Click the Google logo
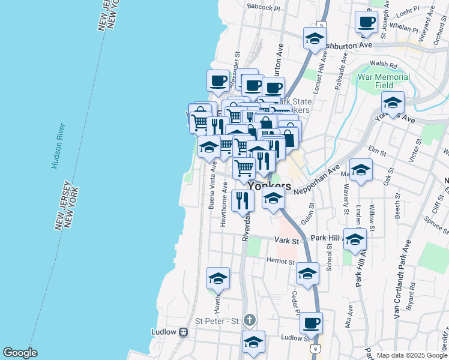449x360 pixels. coord(20,353)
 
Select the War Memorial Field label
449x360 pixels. coord(384,81)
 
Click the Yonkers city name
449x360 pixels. coord(270,186)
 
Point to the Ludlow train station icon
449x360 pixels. coord(184,332)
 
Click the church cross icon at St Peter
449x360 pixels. coord(250,320)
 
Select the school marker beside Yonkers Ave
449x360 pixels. coord(393,104)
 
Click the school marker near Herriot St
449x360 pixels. coord(308,274)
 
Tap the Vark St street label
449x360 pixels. coord(287,240)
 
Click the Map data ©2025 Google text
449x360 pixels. coord(412,355)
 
